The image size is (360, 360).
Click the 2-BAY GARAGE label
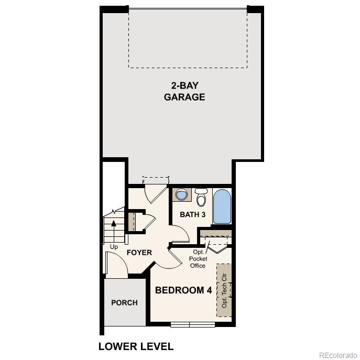pos(184,91)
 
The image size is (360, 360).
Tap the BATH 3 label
pos(192,214)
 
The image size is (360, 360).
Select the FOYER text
pos(139,253)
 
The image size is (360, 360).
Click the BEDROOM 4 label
pos(183,290)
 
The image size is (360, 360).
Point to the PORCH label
pos(125,302)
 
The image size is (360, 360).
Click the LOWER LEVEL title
pos(136,346)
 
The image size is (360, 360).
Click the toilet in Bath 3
pos(201,198)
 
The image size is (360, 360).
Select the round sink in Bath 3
pos(181,194)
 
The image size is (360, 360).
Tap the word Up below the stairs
pos(114,246)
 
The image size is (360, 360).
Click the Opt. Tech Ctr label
pos(224,290)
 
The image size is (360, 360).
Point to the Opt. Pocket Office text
pos(198,259)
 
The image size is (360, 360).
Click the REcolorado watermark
pos(338,355)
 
